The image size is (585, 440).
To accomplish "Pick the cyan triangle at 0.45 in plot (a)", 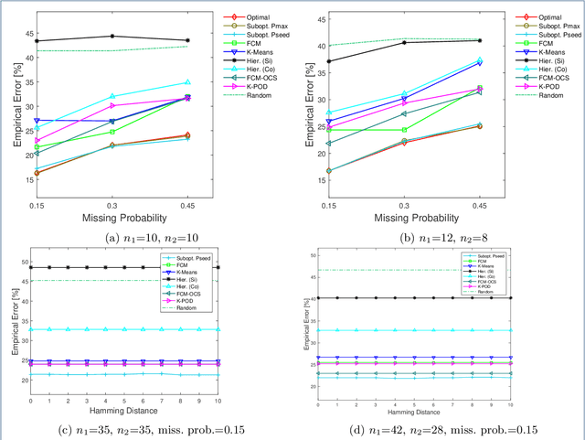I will (187, 83).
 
